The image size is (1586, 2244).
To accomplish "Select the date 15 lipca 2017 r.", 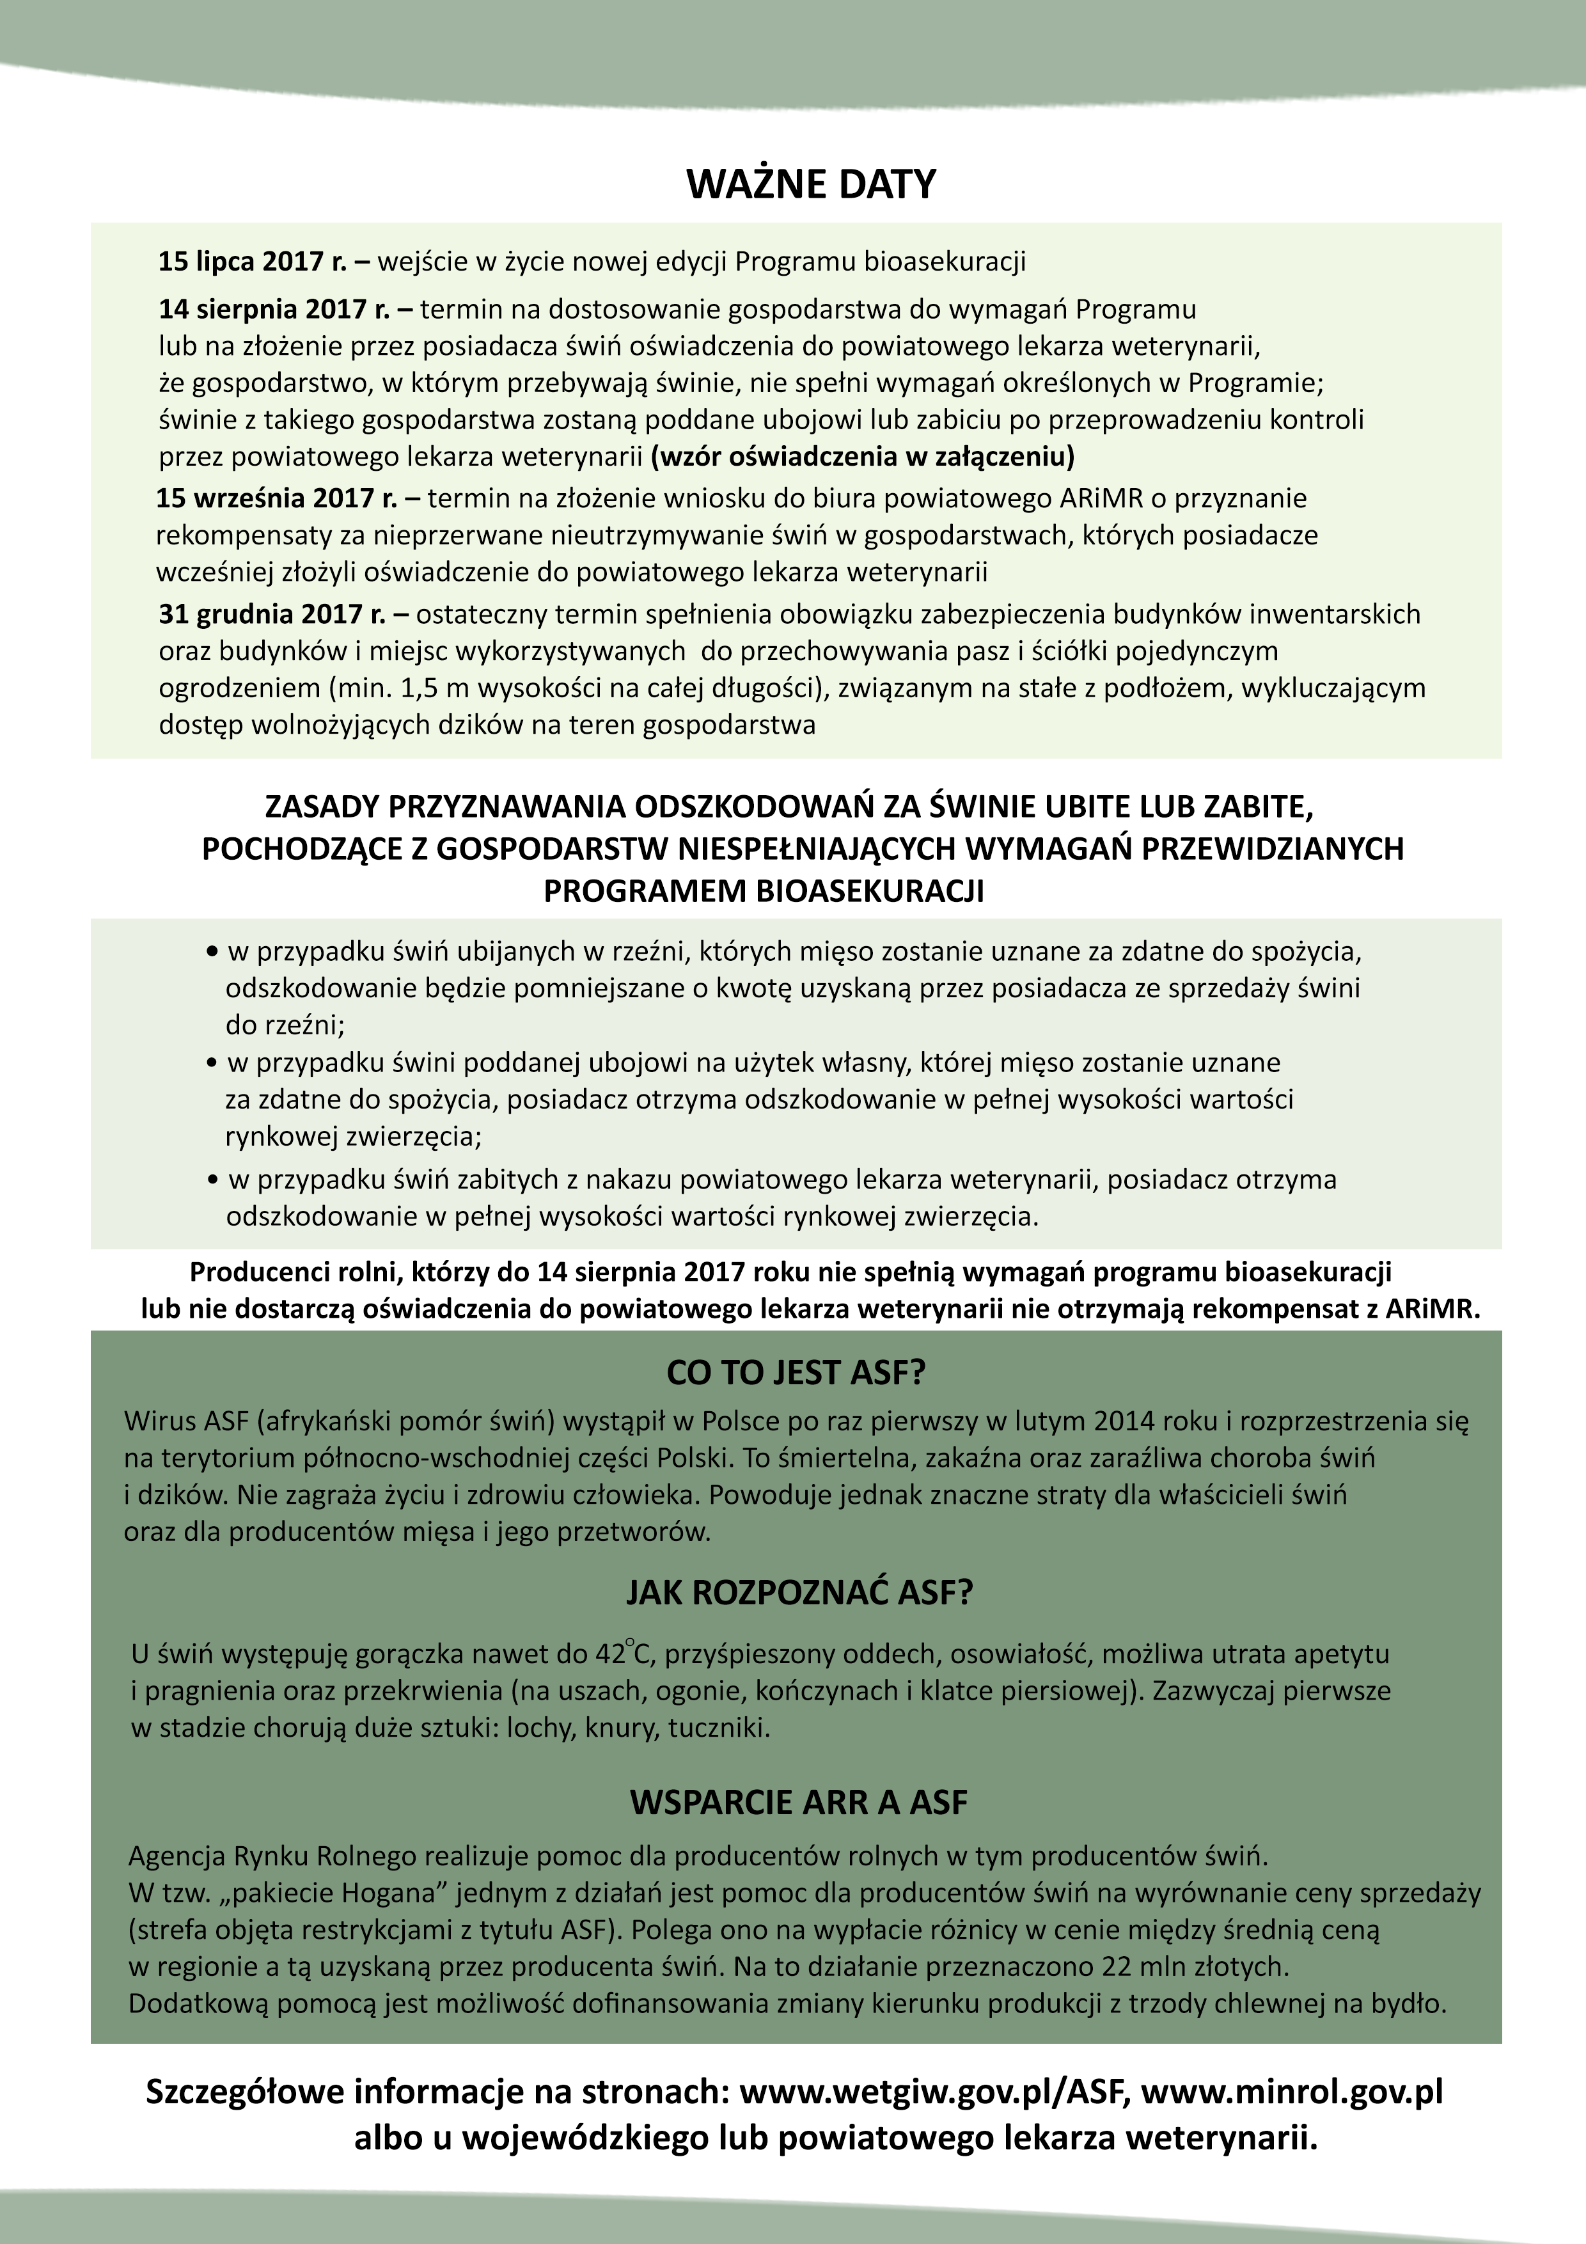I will click(252, 262).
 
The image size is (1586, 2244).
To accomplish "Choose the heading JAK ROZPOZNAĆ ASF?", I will click(799, 1593).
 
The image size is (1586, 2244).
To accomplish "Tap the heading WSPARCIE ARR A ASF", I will click(798, 1802).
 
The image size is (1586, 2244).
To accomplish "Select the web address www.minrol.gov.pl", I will click(1292, 2092).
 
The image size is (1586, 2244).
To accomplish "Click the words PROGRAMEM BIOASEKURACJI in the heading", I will click(763, 891).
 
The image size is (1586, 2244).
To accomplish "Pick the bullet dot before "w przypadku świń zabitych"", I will click(212, 1181).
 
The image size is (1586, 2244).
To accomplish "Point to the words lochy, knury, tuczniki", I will click(638, 1728).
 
